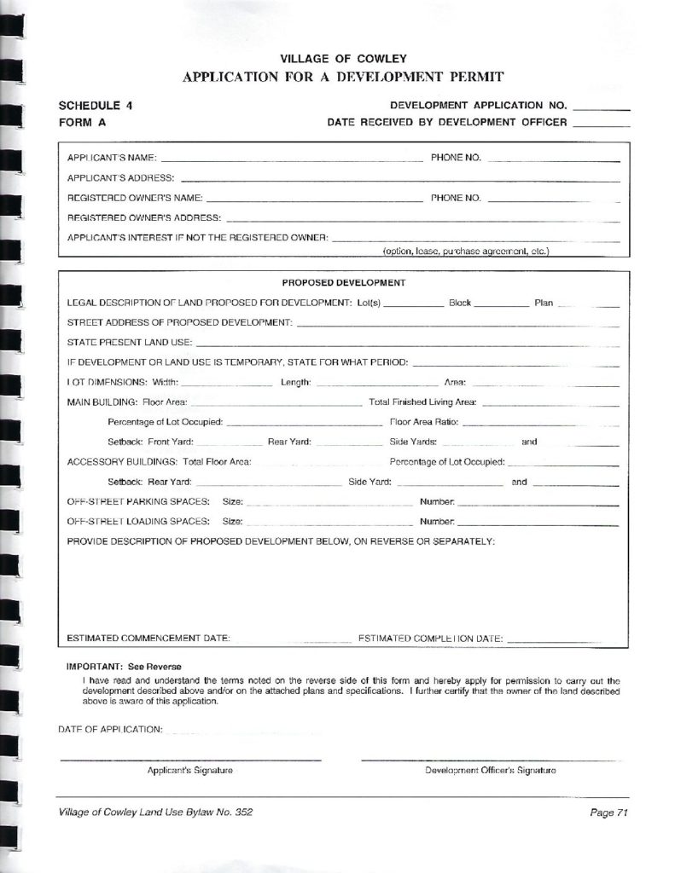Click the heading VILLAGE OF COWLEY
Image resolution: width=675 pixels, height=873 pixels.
[343, 59]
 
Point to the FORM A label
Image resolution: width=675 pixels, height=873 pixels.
[83, 123]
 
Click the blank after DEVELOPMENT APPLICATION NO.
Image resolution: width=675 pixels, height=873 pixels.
[602, 109]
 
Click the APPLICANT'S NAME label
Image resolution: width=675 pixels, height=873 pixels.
[112, 159]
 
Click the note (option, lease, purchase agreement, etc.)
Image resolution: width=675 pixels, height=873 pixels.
[465, 251]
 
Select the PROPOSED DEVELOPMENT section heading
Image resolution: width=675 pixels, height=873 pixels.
[343, 282]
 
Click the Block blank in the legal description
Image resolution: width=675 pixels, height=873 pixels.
[501, 304]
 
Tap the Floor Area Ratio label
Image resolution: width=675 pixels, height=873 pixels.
[424, 422]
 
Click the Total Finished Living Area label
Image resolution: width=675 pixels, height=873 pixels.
[422, 402]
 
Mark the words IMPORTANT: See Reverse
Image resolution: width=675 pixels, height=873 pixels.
[125, 667]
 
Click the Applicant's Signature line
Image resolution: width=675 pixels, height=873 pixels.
[190, 758]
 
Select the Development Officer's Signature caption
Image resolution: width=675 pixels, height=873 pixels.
[491, 771]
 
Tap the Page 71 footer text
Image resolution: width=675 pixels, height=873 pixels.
[608, 813]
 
